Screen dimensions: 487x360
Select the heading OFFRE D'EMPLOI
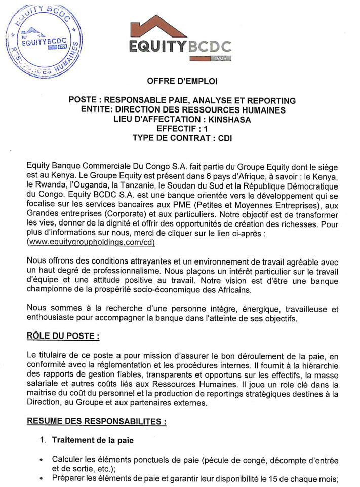coord(181,81)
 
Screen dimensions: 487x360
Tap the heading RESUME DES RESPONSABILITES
coord(96,421)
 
